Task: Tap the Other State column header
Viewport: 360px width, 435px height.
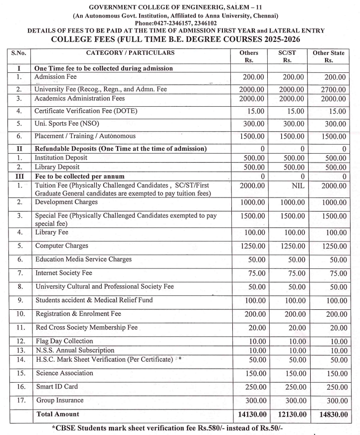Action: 328,56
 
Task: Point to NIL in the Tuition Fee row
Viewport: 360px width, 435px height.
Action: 289,186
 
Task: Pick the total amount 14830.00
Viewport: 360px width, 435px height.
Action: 328,415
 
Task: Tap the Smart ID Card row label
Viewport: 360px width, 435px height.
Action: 57,386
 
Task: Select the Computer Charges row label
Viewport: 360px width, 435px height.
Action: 61,245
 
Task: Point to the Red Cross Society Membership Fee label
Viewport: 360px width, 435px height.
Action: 86,328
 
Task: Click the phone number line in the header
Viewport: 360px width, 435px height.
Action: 180,23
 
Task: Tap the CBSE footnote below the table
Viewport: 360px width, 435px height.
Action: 180,427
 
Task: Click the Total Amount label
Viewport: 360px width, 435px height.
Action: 57,414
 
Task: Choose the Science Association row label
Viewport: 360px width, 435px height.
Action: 64,373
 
